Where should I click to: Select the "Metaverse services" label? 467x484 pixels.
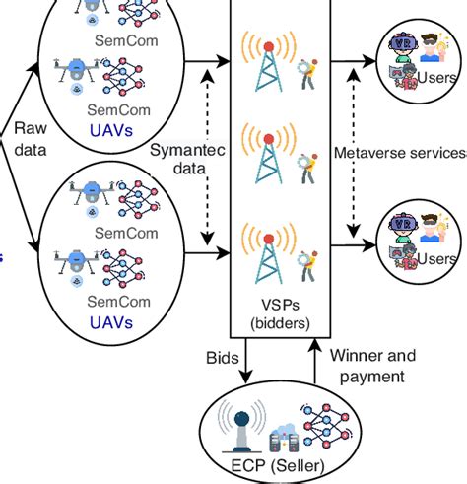coord(399,153)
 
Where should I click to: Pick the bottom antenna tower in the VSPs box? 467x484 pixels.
coord(265,258)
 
